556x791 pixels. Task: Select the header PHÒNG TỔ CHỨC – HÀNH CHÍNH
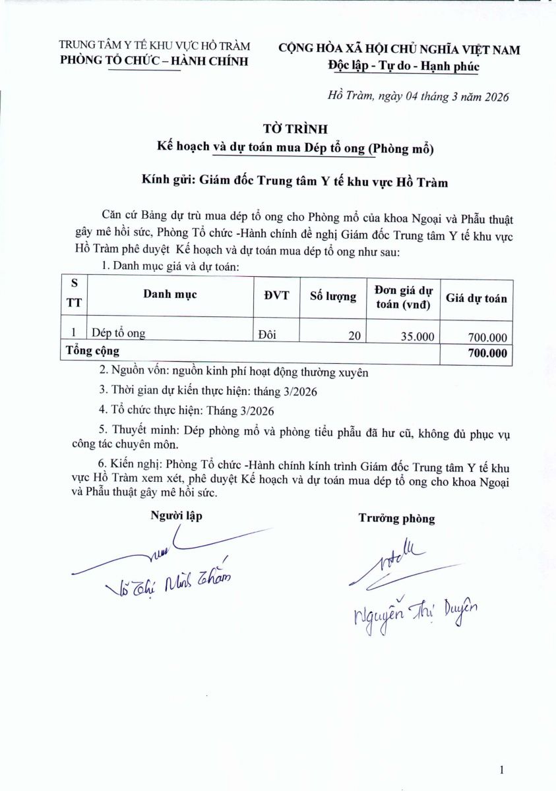tap(154, 62)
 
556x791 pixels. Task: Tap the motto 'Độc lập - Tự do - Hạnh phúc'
tap(403, 66)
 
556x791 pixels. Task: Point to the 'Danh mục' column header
tap(170, 295)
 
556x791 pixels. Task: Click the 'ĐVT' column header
tap(277, 295)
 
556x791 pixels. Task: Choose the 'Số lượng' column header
tap(332, 296)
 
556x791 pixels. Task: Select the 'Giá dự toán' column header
tap(476, 298)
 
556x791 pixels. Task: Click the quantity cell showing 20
tap(355, 336)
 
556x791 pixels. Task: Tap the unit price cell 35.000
tap(417, 337)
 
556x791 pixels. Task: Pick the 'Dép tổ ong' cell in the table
tap(119, 334)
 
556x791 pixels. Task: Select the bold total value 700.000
tap(487, 353)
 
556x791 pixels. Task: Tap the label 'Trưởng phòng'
tap(396, 518)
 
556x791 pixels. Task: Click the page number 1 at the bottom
tap(503, 769)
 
